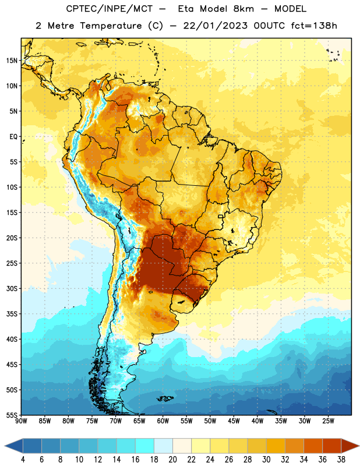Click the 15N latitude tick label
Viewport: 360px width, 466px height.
(x=12, y=61)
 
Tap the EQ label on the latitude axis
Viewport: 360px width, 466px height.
(x=13, y=137)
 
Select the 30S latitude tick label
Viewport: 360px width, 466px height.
(x=12, y=289)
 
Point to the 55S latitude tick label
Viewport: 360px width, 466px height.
(x=12, y=415)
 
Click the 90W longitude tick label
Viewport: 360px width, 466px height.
(x=21, y=421)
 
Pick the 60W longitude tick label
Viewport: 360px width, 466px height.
(x=163, y=421)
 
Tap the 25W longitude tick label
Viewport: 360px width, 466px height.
(x=328, y=421)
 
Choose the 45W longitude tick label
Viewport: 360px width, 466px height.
(x=234, y=421)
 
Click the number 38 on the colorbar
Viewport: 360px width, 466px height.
(x=341, y=460)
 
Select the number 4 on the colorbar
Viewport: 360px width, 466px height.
(x=23, y=460)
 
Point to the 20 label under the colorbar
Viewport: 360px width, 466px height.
(x=172, y=460)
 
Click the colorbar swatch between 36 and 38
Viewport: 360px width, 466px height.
(x=332, y=447)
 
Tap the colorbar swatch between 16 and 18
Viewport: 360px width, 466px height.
(x=145, y=447)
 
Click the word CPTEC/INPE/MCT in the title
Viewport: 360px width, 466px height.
(x=109, y=9)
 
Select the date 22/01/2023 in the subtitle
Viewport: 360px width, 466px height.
(x=215, y=26)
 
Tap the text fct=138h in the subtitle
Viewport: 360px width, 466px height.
(x=314, y=26)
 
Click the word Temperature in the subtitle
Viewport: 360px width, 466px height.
(x=111, y=26)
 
